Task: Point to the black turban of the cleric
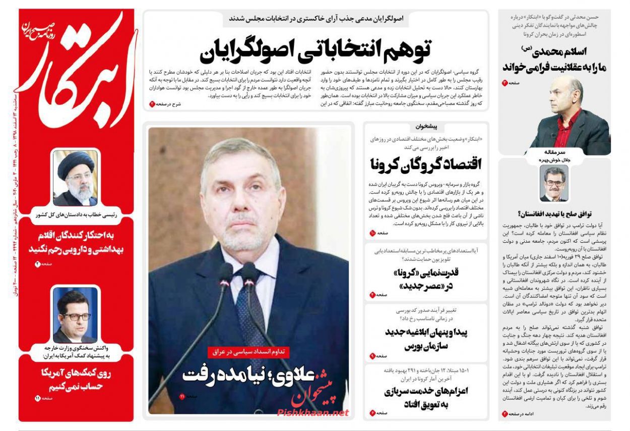click(x=75, y=164)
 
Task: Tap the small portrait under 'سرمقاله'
click(x=553, y=183)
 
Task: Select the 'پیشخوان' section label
click(x=427, y=127)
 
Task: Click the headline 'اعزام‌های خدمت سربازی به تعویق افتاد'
click(x=426, y=398)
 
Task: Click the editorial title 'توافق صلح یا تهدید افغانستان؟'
click(x=553, y=213)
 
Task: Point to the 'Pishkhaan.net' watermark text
click(x=312, y=412)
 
